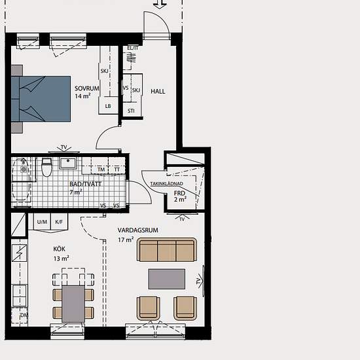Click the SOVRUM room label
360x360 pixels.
point(87,88)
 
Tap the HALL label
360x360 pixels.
point(158,92)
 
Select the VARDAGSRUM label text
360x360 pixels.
point(137,230)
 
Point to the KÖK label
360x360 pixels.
point(59,249)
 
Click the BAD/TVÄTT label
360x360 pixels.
point(85,184)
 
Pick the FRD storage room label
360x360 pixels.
point(179,193)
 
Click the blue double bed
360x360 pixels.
point(41,99)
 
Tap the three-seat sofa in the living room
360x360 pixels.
point(167,250)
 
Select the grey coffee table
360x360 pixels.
point(167,279)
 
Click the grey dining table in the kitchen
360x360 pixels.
point(73,304)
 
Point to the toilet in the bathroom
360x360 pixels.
point(47,167)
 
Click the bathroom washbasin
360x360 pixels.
point(67,163)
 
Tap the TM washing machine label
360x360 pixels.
point(101,170)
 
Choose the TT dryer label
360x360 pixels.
point(117,170)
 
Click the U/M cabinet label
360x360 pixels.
point(42,222)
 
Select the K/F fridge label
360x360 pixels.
point(59,222)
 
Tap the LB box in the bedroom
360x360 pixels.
point(108,106)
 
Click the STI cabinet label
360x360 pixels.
point(131,111)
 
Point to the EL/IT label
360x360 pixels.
point(133,48)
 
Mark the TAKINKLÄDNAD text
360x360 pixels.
point(167,184)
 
